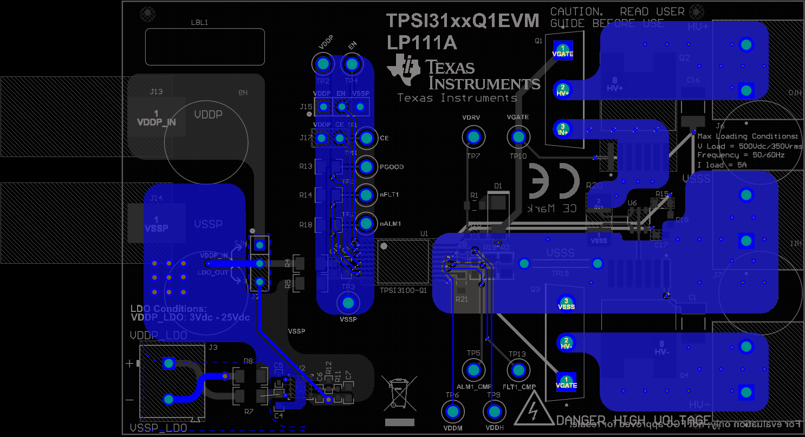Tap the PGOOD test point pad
click(366, 166)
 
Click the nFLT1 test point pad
click(366, 194)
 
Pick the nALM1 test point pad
click(366, 223)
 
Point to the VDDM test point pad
click(452, 413)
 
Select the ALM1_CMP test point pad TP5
click(474, 370)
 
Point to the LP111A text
click(422, 43)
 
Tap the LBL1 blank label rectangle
click(205, 47)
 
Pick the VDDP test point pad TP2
click(323, 64)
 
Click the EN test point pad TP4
click(352, 64)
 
